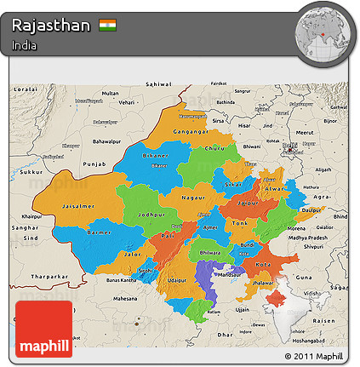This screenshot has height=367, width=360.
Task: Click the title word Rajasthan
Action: click(x=51, y=25)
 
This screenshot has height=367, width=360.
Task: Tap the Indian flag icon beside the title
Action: click(x=108, y=25)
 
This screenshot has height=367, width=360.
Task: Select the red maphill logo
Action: click(x=43, y=329)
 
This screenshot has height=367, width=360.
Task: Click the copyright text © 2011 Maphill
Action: click(x=314, y=355)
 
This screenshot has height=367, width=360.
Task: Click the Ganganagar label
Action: click(x=189, y=132)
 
